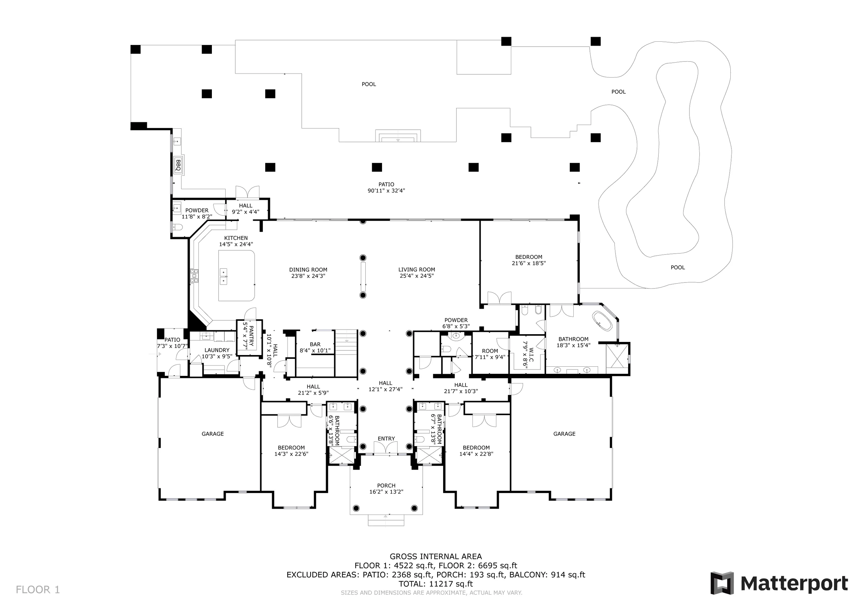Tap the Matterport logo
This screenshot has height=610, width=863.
(x=779, y=584)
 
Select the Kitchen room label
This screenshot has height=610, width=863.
(x=236, y=238)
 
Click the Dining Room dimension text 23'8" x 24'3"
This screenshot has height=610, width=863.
(x=308, y=276)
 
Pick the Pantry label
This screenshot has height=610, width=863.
(x=251, y=336)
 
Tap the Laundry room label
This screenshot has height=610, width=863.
(x=217, y=350)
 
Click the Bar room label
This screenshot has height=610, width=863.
(x=315, y=344)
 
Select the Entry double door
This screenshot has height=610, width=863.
(x=386, y=448)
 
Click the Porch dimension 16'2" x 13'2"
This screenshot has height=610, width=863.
(x=386, y=492)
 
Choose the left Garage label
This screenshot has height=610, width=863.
(x=213, y=434)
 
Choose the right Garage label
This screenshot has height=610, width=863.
(x=564, y=434)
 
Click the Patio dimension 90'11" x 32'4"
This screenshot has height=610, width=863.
(x=386, y=191)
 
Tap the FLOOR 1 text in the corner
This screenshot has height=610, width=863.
(x=37, y=590)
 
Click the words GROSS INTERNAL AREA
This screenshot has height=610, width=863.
(x=436, y=557)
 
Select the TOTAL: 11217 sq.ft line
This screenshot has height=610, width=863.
(x=436, y=584)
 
